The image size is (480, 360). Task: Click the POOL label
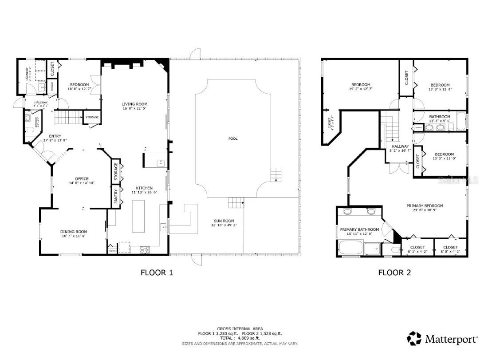(x=233, y=138)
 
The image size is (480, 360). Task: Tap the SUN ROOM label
(x=223, y=221)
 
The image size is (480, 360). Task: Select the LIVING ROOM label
(x=134, y=104)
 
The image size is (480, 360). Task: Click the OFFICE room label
(x=82, y=179)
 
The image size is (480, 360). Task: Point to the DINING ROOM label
(x=74, y=232)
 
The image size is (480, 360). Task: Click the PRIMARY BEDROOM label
(x=425, y=206)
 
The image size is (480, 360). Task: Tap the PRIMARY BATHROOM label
(x=359, y=229)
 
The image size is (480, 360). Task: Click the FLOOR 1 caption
(x=157, y=273)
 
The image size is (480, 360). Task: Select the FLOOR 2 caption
(x=394, y=273)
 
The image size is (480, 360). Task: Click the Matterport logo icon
(x=414, y=339)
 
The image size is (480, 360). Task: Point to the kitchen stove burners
(x=145, y=249)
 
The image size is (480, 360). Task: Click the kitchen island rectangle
(x=139, y=216)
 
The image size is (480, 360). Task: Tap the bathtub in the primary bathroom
(x=350, y=248)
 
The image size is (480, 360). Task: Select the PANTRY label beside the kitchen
(x=116, y=197)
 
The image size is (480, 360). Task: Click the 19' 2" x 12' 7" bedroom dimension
(x=360, y=89)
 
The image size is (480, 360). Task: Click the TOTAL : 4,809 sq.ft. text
(x=240, y=338)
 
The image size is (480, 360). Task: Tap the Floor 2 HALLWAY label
(x=400, y=146)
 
